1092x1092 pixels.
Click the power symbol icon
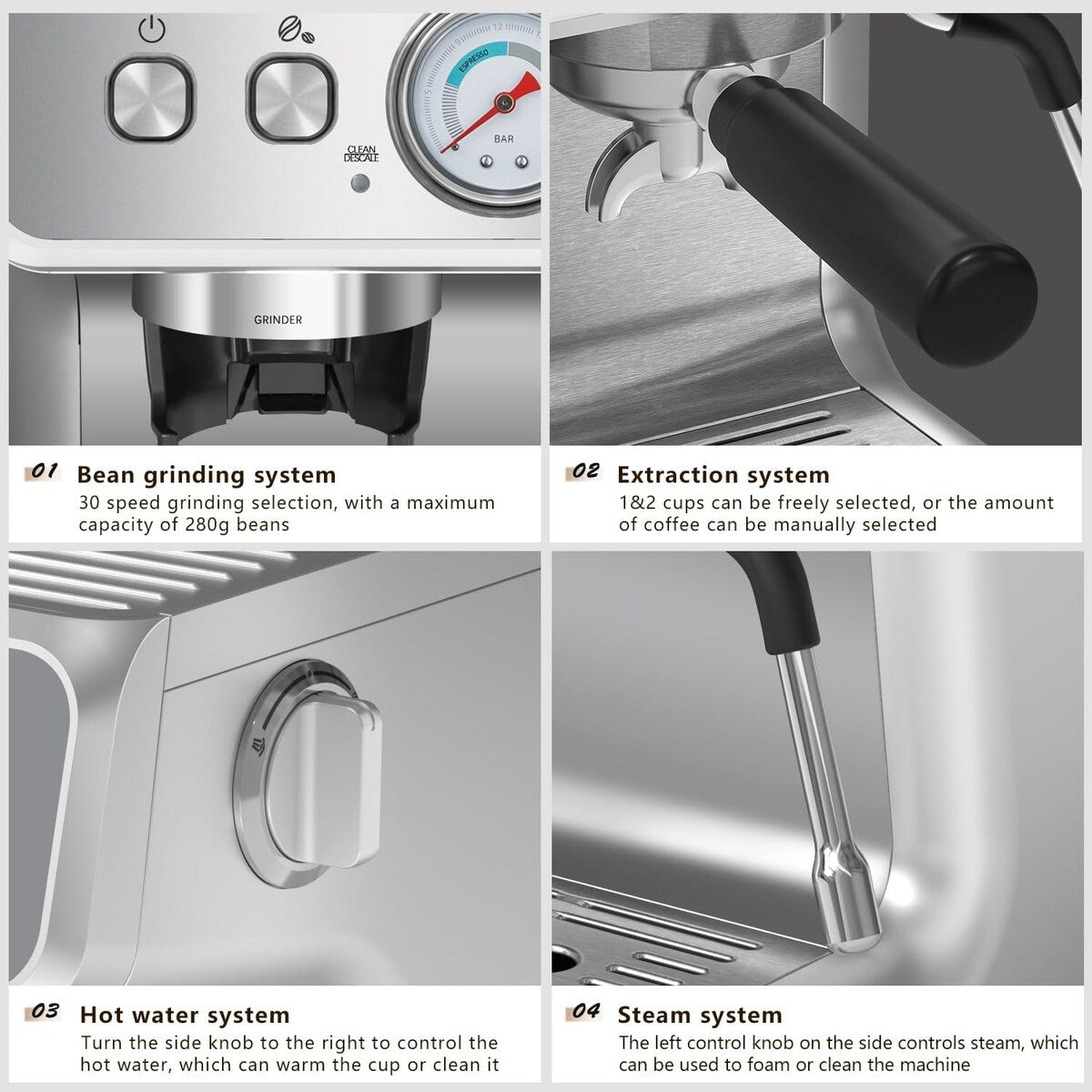152,31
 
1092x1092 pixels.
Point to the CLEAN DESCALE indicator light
360,184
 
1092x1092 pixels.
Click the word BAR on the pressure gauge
503,139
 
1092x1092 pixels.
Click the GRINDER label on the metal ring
278,319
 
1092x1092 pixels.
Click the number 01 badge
45,472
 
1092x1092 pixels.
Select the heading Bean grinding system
207,475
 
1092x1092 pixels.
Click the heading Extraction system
723,475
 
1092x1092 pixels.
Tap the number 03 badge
45,1012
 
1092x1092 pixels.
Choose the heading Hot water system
185,1015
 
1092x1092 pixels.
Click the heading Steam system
699,1015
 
